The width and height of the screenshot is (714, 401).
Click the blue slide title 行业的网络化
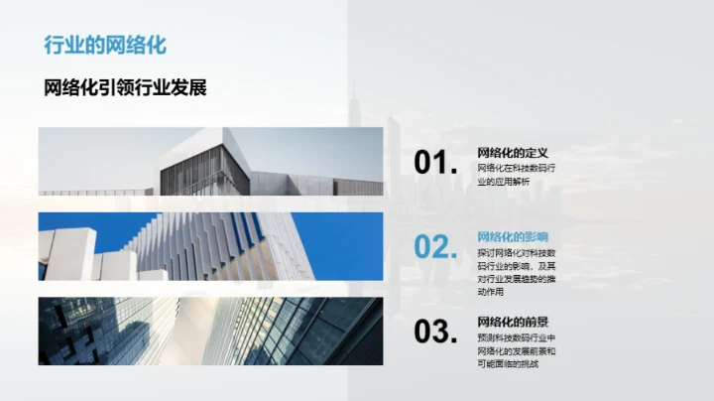point(105,45)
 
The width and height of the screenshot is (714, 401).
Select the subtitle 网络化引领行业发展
point(125,87)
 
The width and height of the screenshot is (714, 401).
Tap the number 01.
point(436,164)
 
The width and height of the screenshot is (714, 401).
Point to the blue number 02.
point(436,248)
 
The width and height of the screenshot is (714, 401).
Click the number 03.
point(436,333)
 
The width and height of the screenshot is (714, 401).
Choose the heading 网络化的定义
point(513,153)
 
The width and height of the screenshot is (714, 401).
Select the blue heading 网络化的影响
point(513,237)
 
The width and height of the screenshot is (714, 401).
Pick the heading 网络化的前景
point(513,322)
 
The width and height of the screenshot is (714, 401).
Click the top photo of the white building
point(210,161)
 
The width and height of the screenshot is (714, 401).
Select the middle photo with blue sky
point(210,246)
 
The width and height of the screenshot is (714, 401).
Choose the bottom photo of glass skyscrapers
point(210,332)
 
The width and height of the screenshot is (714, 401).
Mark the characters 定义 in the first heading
point(535,153)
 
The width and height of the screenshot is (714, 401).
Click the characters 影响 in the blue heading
point(535,237)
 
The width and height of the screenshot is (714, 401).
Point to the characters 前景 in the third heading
point(535,322)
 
